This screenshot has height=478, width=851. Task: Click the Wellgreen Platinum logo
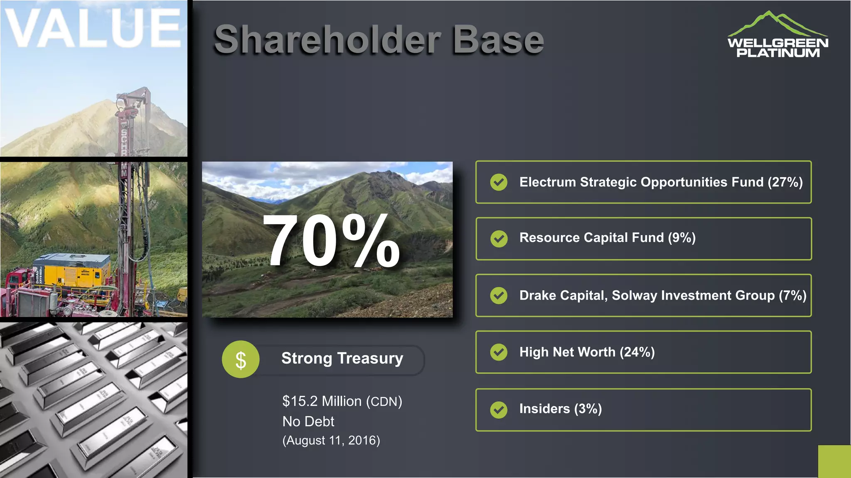point(777,35)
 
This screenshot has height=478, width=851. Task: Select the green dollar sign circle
point(241,359)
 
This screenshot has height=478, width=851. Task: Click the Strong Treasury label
point(342,358)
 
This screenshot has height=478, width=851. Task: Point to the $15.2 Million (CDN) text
point(342,401)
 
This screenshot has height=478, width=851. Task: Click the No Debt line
point(308,422)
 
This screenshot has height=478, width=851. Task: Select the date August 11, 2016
point(331,440)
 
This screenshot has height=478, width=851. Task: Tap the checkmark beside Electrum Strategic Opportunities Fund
point(499,182)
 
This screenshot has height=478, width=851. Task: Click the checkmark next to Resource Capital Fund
point(499,239)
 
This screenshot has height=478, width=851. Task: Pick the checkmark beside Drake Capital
point(499,295)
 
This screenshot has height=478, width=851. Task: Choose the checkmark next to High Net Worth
point(499,352)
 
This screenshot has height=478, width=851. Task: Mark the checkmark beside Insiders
point(499,410)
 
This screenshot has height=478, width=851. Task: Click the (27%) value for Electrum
point(785,182)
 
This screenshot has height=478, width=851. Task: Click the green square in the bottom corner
point(834,461)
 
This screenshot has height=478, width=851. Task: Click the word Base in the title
point(498,40)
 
